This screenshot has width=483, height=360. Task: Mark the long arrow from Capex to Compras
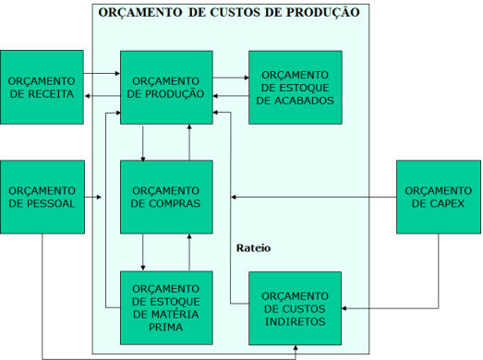coord(314,197)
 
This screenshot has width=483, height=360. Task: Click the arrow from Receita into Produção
coord(102,73)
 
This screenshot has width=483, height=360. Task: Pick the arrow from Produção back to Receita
coord(102,95)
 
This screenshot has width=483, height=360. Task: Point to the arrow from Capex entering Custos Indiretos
coord(388,306)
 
